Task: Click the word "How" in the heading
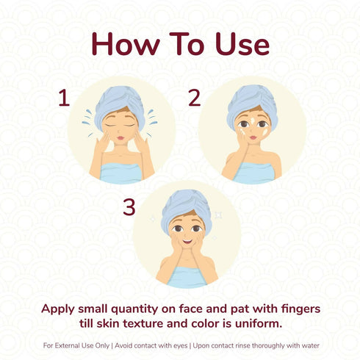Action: coord(126,44)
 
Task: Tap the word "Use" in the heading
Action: coord(242,44)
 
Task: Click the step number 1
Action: coord(64,98)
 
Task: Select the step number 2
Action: coord(195,98)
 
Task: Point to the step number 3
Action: coord(129,207)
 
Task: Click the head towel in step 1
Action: coord(120,104)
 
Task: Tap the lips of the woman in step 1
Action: coord(120,138)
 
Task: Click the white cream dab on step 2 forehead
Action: coord(252,120)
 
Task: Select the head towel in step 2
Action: coord(252,104)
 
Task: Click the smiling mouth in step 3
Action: coord(187,242)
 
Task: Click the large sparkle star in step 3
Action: coord(218,215)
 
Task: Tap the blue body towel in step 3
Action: coord(187,277)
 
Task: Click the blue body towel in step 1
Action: coord(121,173)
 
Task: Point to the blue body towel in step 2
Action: coord(253,173)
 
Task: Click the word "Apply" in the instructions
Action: coord(58,309)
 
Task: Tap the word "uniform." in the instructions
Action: coord(259,324)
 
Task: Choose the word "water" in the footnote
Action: coord(311,345)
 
